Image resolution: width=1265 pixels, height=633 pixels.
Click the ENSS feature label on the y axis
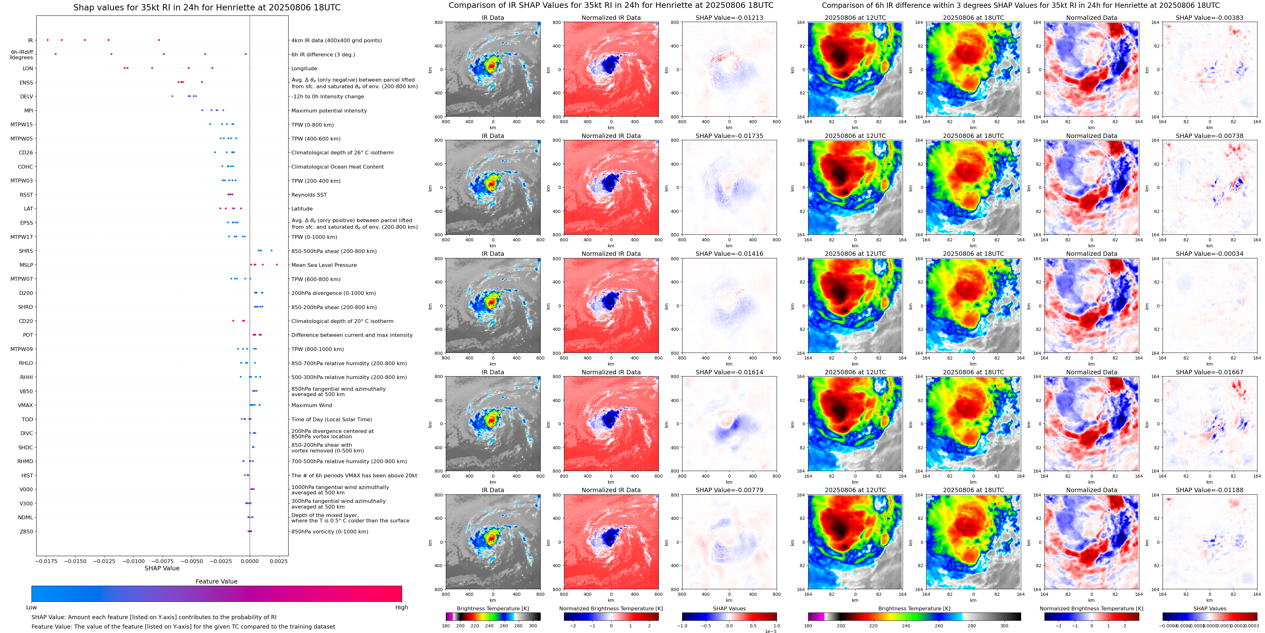pos(26,83)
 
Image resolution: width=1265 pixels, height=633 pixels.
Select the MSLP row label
pos(26,265)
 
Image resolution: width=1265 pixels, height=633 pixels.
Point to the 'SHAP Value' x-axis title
pos(162,568)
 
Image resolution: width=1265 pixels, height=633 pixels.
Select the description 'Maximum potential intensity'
pos(329,111)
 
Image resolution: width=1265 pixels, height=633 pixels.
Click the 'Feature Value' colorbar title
pos(216,581)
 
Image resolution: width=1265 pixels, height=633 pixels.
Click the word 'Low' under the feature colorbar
pos(32,607)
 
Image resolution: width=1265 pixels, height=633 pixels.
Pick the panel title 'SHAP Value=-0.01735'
pos(729,136)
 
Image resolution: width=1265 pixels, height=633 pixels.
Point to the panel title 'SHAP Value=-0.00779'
pos(729,490)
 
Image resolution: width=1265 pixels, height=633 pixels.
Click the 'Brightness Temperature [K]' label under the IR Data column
pos(492,608)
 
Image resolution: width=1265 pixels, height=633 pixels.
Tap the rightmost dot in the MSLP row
pos(277,265)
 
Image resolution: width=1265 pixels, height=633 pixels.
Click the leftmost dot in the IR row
pos(48,40)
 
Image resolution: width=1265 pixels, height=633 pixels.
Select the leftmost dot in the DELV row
pos(172,96)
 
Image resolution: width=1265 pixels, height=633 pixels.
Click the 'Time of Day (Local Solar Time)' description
pos(331,419)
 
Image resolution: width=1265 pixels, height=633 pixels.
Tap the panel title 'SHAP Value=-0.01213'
pos(729,18)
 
